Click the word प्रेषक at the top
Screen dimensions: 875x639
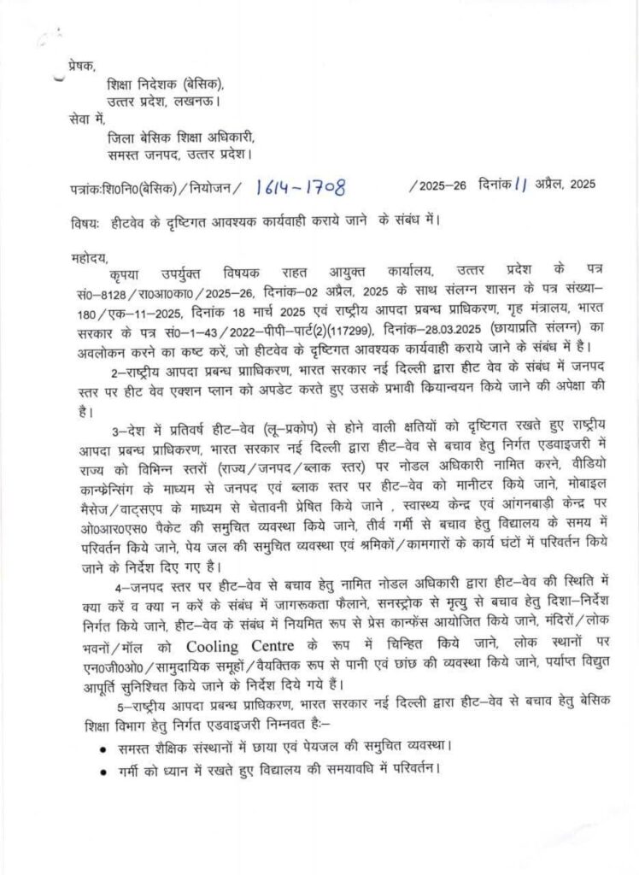pyautogui.click(x=83, y=66)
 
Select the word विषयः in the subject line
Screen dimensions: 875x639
pyautogui.click(x=85, y=224)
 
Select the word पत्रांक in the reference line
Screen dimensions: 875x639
pyautogui.click(x=87, y=185)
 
